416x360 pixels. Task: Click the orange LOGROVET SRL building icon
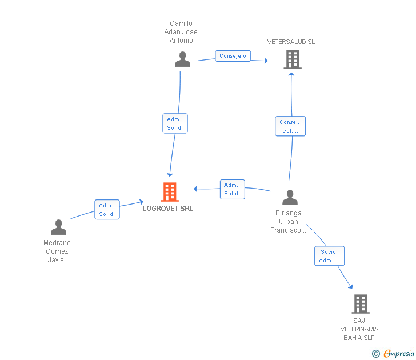tap(170, 192)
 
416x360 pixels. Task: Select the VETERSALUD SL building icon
tap(293, 59)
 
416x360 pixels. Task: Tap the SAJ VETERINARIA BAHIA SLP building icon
tap(361, 304)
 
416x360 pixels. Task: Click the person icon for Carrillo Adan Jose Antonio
tap(182, 59)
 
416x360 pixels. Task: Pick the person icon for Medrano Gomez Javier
tap(59, 227)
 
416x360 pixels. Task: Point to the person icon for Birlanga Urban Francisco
tap(290, 197)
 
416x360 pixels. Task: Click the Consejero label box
tap(233, 56)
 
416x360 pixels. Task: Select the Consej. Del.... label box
tap(290, 126)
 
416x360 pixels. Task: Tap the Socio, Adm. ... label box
tap(330, 256)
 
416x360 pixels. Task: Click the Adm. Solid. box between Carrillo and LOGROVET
tap(175, 123)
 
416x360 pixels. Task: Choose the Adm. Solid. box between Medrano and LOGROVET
tap(107, 210)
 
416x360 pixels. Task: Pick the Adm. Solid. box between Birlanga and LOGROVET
tap(233, 189)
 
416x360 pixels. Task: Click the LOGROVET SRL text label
tap(167, 209)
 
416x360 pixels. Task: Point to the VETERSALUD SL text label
tap(291, 42)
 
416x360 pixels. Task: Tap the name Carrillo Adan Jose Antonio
tap(181, 32)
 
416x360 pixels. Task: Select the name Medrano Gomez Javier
tap(57, 251)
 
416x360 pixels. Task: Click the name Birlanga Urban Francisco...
tap(288, 222)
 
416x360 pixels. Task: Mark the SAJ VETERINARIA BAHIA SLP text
tap(359, 329)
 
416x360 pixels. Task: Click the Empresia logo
tap(393, 353)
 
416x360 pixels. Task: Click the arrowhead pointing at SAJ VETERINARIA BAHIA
tap(351, 286)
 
